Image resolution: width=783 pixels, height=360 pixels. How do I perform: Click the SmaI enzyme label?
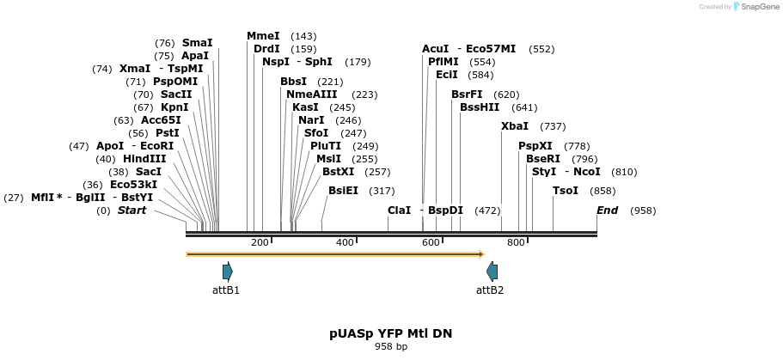pyautogui.click(x=197, y=43)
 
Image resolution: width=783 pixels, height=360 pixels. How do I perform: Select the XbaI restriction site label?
pyautogui.click(x=515, y=126)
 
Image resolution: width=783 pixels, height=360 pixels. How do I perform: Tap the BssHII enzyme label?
pyautogui.click(x=480, y=107)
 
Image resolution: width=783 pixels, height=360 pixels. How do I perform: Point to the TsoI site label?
pyautogui.click(x=566, y=191)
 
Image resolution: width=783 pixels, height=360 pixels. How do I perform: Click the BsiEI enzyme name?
pyautogui.click(x=343, y=191)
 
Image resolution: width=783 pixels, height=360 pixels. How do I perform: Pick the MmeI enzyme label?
pyautogui.click(x=263, y=36)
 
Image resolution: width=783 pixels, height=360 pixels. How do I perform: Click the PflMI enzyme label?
pyautogui.click(x=443, y=62)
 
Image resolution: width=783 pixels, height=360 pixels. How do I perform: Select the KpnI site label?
pyautogui.click(x=174, y=107)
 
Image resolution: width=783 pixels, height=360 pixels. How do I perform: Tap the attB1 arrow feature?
pyautogui.click(x=227, y=272)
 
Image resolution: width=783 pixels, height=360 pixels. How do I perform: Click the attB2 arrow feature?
pyautogui.click(x=492, y=272)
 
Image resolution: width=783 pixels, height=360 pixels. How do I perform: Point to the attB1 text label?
pyautogui.click(x=226, y=290)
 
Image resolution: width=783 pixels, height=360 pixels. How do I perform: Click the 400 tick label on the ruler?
pyautogui.click(x=346, y=243)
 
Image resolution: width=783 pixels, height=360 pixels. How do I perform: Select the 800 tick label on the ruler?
pyautogui.click(x=516, y=243)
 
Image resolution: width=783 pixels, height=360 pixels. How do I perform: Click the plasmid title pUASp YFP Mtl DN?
pyautogui.click(x=390, y=333)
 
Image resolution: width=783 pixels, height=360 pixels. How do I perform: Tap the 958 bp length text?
pyautogui.click(x=391, y=347)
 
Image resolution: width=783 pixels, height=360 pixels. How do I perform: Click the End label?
pyautogui.click(x=608, y=211)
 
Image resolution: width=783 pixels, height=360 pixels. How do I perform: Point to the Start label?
pyautogui.click(x=132, y=211)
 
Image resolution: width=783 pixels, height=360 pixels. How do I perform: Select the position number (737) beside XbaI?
pyautogui.click(x=553, y=126)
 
